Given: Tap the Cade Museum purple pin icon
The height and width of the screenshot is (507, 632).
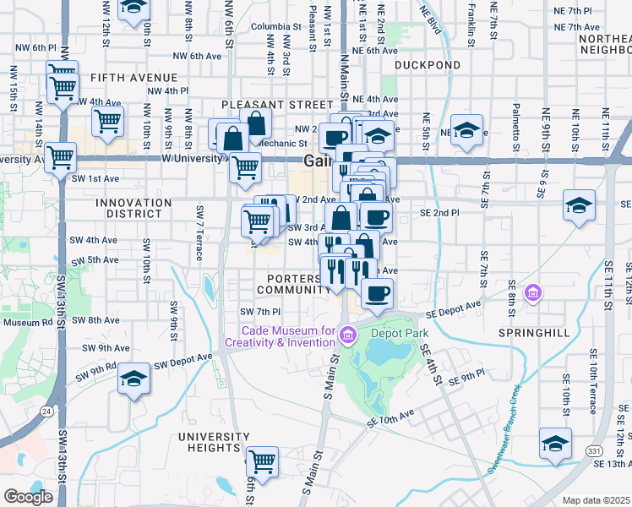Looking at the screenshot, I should point(346,337).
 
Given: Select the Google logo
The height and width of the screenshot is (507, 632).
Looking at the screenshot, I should point(28,497).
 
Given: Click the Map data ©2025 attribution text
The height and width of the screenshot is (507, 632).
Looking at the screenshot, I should point(596,500).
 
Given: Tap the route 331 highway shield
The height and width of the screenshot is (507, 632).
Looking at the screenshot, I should point(593,452).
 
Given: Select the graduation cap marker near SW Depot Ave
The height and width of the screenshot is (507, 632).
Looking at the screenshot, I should point(133,379).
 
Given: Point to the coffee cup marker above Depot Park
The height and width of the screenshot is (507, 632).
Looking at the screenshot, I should point(377,293).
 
